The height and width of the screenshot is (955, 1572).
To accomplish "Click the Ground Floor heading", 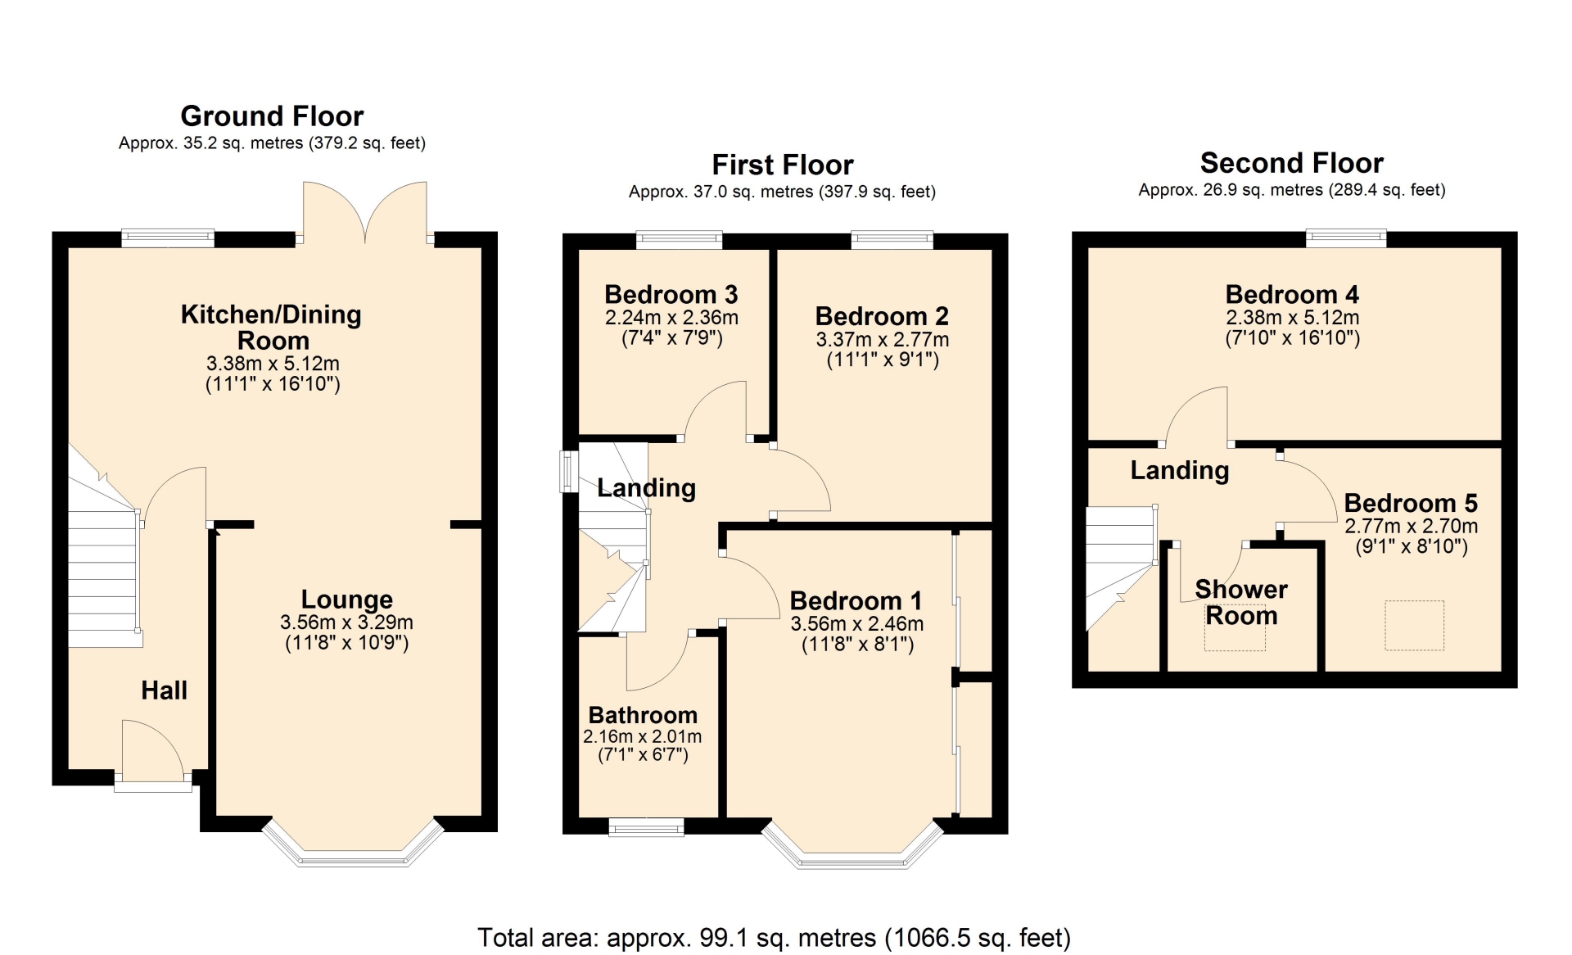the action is pos(272,116).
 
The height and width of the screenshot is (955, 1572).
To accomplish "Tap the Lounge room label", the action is pos(347,600).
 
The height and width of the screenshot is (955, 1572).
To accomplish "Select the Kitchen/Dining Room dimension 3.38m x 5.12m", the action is pos(273,363).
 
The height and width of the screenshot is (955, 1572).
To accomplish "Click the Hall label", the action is pos(164,690).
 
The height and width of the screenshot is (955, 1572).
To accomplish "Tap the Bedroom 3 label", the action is pos(671,294).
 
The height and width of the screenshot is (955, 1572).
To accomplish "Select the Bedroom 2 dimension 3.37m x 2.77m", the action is pos(883,339).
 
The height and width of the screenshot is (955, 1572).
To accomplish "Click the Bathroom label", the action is pos(643,715).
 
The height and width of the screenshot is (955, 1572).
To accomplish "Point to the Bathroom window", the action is pos(646,827).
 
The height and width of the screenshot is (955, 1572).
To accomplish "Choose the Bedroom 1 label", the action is pos(856,601).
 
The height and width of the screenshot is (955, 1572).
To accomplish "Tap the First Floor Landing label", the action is pos(646,488).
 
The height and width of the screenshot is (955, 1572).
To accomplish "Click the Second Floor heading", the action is pos(1292,163).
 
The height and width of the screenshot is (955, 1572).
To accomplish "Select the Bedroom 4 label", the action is pos(1292,294).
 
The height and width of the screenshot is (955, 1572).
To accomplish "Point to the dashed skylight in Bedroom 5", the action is pos(1414,625).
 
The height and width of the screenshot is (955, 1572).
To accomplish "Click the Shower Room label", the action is pos(1241,602).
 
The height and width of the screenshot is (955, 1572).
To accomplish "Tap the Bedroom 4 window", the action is pos(1346,238).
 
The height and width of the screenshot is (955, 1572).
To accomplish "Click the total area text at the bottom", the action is pos(774,938).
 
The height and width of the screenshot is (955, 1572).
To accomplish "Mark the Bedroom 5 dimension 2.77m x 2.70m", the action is pos(1412,526).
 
